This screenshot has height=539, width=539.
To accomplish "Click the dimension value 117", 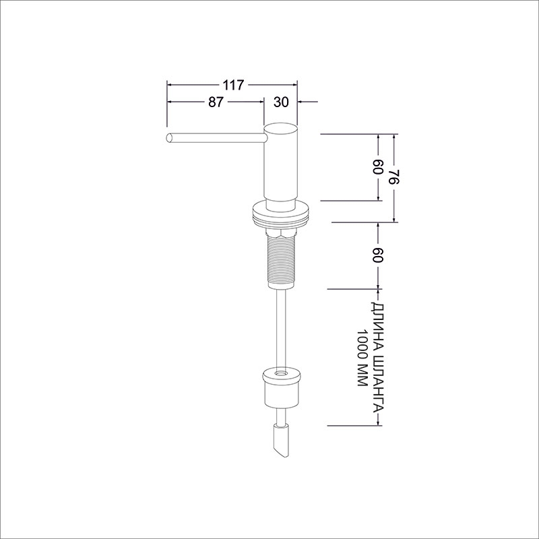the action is tap(233, 85).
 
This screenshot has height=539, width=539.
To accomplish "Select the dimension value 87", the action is tap(216, 102).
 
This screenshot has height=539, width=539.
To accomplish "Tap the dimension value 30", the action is tap(281, 102).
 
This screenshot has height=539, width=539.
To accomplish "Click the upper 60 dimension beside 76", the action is tap(377, 166).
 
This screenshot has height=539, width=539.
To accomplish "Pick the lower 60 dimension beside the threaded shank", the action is tap(377, 255).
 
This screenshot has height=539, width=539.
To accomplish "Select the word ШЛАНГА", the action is tap(377, 384).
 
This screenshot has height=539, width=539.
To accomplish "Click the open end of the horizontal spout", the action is tap(169, 137).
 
